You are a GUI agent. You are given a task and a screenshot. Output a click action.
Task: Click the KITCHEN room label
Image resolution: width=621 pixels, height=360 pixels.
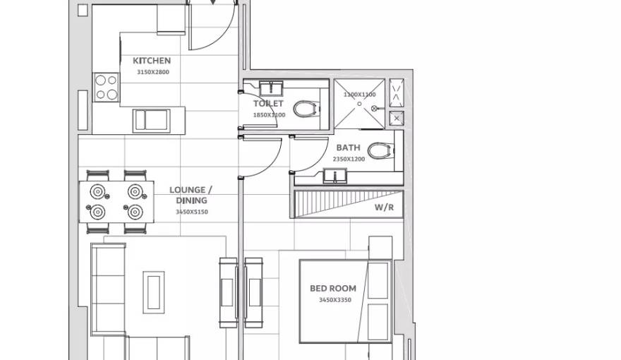tap(152, 61)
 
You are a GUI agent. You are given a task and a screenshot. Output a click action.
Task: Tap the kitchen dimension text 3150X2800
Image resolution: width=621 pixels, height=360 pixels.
tap(152, 71)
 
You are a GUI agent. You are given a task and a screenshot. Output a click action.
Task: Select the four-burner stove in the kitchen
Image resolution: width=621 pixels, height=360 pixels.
tap(107, 88)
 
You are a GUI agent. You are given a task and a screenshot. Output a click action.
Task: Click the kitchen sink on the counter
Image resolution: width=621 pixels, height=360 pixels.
tap(150, 120)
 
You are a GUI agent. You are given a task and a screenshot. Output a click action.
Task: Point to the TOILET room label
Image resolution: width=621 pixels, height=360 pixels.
tap(268, 104)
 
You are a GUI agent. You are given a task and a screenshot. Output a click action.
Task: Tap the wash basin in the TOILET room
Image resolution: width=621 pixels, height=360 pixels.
tap(271, 88)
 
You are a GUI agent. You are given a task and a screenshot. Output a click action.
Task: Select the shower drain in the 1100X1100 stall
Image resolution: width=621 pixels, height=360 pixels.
tap(359, 104)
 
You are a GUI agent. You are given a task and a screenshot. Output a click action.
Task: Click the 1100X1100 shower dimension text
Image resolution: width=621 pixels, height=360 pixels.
tap(359, 94)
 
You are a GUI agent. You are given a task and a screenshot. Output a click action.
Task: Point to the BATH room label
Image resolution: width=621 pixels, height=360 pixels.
tap(348, 148)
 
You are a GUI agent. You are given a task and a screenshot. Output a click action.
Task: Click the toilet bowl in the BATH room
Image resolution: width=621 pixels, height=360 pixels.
tap(378, 150)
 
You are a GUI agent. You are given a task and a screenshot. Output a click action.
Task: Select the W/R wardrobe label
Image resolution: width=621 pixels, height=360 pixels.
tap(384, 208)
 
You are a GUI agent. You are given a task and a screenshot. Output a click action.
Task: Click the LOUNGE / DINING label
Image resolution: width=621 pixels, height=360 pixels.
tap(191, 195)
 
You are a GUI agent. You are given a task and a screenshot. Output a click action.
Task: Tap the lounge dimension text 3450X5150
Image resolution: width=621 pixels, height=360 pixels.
tap(192, 212)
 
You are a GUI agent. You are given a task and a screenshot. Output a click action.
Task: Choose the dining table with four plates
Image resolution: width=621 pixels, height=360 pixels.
tap(116, 201)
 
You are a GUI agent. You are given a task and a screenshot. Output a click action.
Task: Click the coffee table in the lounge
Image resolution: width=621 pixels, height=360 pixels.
tap(153, 292)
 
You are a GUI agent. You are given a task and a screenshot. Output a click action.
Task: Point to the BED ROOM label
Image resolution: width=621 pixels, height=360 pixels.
tap(333, 288)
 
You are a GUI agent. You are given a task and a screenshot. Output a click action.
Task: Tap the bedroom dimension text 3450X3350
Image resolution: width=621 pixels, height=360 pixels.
tap(334, 300)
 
